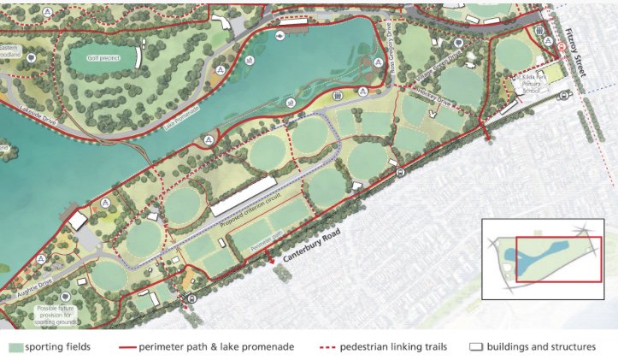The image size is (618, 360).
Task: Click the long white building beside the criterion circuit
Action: (244, 196)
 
